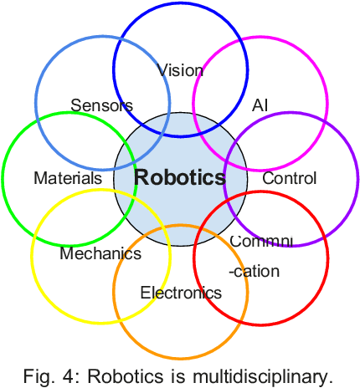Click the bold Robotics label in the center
coord(180,177)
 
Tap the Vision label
coord(180,70)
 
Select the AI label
coord(260,105)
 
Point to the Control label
coord(290,178)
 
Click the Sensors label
coord(101,105)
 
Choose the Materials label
coord(68,178)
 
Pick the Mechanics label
coord(100,253)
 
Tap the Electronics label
coord(181,293)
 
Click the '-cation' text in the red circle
coord(254,271)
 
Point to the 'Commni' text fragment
coord(261,241)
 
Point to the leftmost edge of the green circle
coord(3,178)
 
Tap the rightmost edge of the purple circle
coord(357,179)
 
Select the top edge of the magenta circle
coord(261,36)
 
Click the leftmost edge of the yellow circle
coord(32,254)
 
